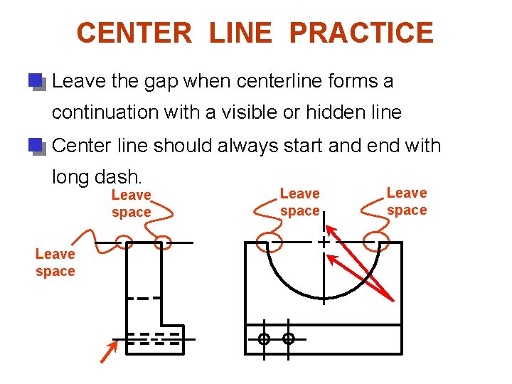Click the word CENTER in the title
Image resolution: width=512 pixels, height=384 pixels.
coord(134,33)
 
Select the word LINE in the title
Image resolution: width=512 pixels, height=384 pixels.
coord(241,33)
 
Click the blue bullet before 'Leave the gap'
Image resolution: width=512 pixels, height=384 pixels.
coord(36,80)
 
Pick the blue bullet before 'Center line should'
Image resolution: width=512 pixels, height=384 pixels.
coord(36,146)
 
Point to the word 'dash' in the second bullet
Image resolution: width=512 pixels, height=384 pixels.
coord(122,175)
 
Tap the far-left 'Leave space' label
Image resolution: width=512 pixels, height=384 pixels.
coord(55,262)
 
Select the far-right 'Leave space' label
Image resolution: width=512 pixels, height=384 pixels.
coord(407,201)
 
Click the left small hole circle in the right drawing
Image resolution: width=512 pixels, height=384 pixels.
coord(264,339)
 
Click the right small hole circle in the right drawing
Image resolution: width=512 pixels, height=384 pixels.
coord(289,339)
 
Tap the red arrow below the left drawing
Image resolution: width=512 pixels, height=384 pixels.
coord(108,351)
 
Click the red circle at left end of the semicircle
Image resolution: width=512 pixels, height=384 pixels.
coord(269,242)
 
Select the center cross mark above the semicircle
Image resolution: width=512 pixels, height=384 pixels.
coord(324,242)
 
